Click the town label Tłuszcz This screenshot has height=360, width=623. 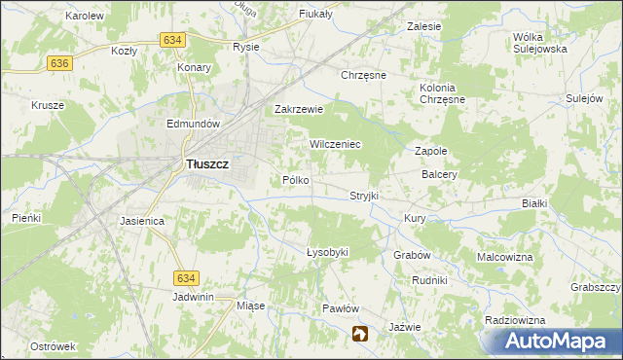click(x=206, y=164)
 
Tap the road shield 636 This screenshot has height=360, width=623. click(x=59, y=62)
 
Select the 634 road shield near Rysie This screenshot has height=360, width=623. click(x=172, y=39)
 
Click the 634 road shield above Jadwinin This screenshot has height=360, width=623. click(x=188, y=278)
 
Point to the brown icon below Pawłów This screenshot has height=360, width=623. click(x=360, y=334)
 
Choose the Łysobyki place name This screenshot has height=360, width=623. click(x=327, y=252)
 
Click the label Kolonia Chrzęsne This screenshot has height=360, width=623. click(x=437, y=93)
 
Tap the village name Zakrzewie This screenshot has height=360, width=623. click(x=298, y=110)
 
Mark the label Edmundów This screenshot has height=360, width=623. click(x=196, y=125)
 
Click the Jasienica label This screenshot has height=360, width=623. click(x=142, y=221)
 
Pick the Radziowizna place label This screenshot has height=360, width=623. click(x=518, y=320)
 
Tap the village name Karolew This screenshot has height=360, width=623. click(x=85, y=17)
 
